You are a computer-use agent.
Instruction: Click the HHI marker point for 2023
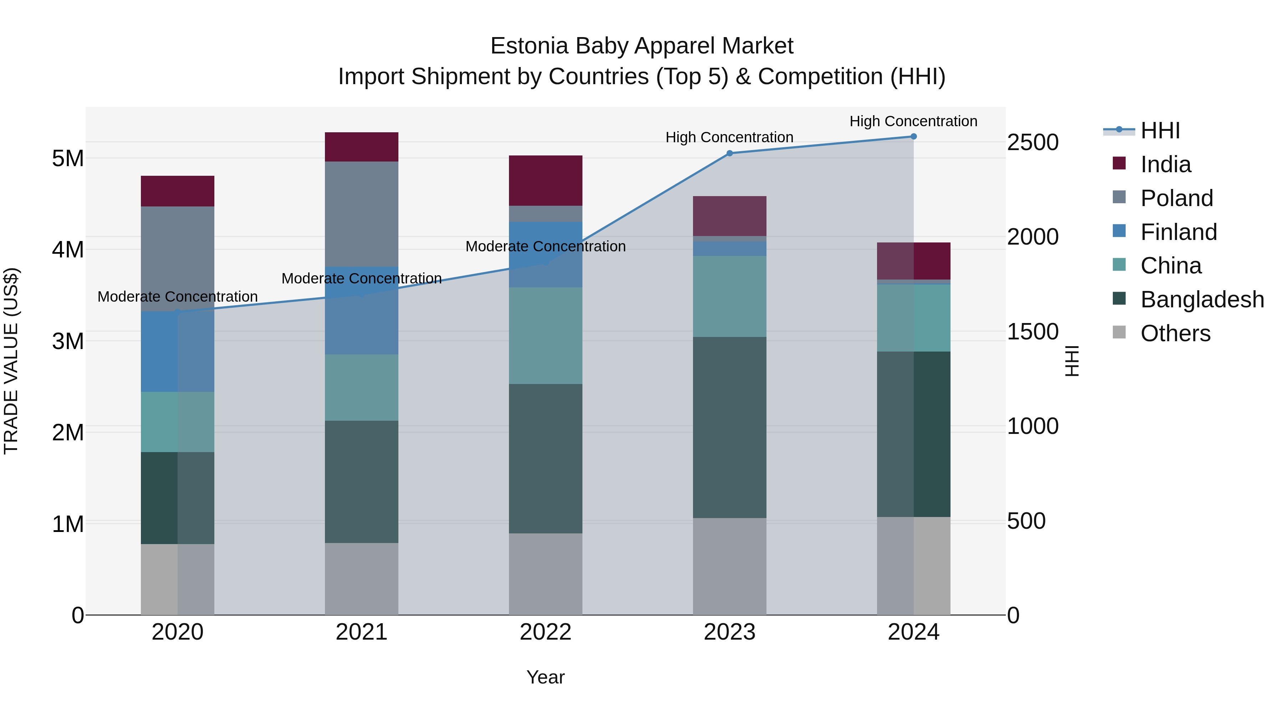coord(729,153)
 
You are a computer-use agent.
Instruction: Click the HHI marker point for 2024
coord(913,137)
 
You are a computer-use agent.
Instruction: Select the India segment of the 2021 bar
coord(361,147)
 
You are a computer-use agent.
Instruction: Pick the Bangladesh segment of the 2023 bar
coord(729,427)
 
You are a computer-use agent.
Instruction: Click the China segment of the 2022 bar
coord(545,336)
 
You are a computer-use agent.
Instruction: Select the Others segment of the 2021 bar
coord(361,579)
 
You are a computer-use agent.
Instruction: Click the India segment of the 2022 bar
coord(545,180)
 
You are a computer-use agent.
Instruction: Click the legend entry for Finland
coord(1178,232)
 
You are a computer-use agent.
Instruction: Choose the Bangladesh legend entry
coord(1202,300)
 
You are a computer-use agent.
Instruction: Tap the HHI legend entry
coord(1160,130)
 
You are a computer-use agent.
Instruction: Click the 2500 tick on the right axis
coord(1032,143)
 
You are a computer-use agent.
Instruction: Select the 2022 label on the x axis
coord(545,632)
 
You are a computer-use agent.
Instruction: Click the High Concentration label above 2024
coord(913,121)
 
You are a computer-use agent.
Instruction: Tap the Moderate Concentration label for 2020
coord(178,297)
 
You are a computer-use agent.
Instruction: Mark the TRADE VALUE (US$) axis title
coord(11,361)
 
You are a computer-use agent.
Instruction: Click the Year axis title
coord(545,677)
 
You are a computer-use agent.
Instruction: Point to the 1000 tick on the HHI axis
coord(1032,426)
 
